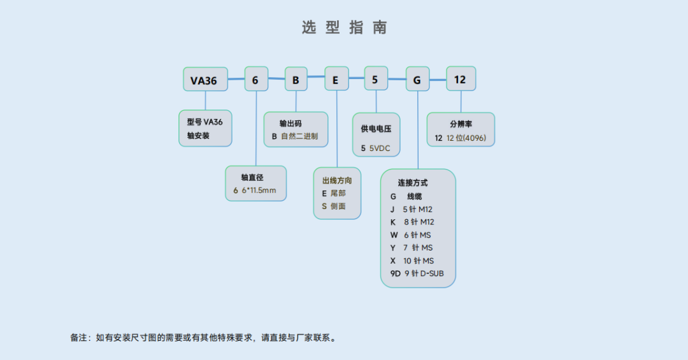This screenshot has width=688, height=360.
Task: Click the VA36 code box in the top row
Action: tap(204, 80)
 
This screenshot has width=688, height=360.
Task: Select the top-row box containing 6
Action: tap(256, 80)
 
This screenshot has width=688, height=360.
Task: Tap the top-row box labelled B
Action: tap(296, 80)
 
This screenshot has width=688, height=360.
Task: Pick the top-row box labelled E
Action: tap(336, 80)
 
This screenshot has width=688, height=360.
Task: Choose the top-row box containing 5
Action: tap(376, 80)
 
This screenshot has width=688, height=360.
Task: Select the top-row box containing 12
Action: tap(461, 80)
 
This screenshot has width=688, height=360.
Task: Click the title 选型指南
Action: tap(344, 27)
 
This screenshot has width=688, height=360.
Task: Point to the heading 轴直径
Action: tap(252, 177)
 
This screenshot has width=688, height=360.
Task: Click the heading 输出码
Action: tap(290, 123)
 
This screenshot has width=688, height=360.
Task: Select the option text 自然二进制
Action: tap(299, 136)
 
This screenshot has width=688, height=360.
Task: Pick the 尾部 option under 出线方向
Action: tap(338, 193)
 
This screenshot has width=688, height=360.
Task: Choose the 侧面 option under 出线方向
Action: tap(338, 206)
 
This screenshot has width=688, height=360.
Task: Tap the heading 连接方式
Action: tap(413, 183)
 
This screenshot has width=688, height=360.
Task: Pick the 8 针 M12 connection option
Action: tap(419, 222)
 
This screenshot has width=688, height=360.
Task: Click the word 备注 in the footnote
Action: tap(78, 338)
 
